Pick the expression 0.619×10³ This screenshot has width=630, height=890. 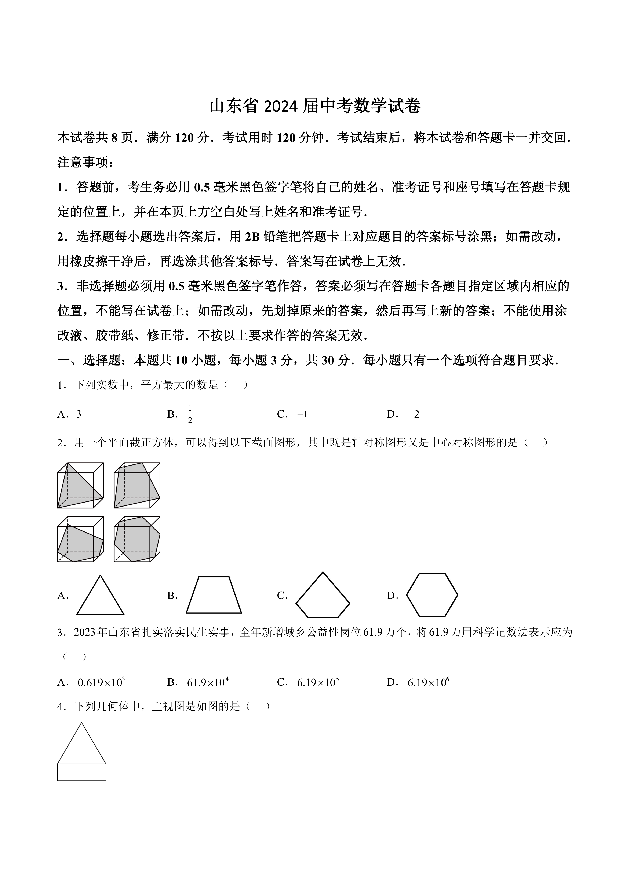click(101, 693)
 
